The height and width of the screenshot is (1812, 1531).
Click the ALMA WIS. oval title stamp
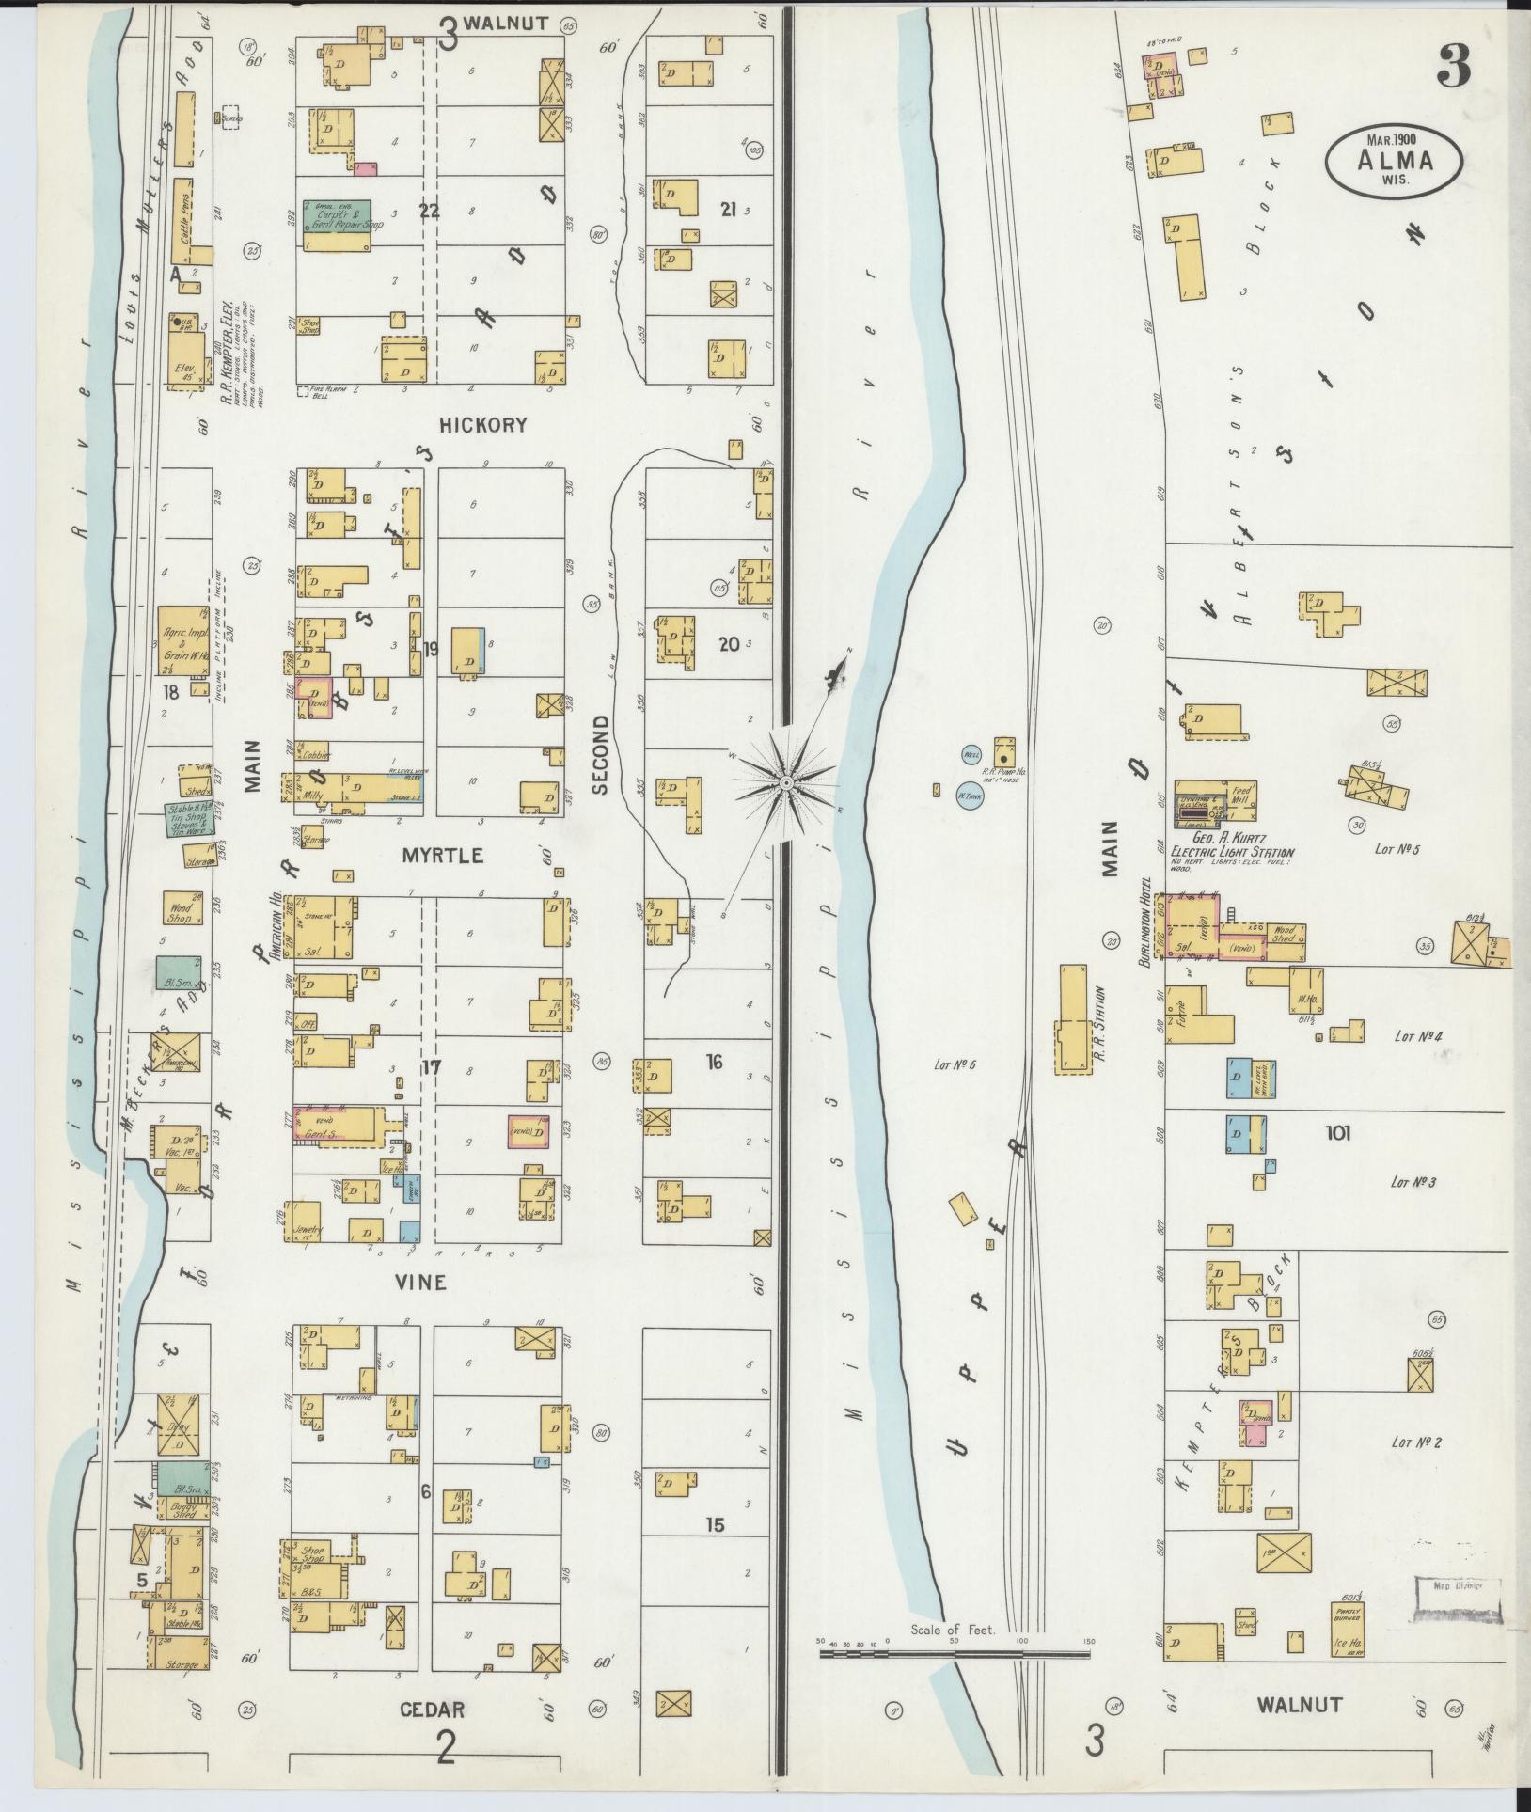tap(1395, 162)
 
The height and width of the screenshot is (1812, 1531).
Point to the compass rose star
tap(786, 782)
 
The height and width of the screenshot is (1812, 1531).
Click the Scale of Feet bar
tap(955, 1652)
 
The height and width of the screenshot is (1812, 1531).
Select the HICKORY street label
tap(483, 425)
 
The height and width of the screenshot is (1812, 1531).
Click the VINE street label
tap(420, 1283)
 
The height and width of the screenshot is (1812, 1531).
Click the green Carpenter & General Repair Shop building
tap(337, 224)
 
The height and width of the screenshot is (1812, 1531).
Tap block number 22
tap(430, 212)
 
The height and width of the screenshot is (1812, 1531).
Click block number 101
tap(1337, 1133)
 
